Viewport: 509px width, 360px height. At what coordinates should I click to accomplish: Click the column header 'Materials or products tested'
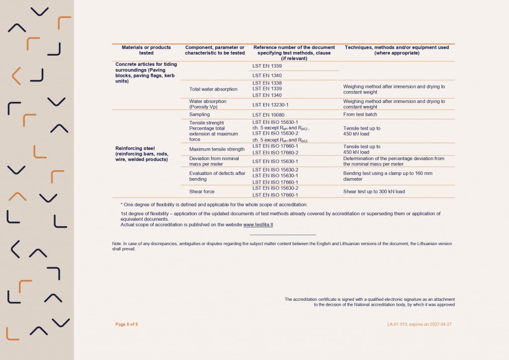coord(146,50)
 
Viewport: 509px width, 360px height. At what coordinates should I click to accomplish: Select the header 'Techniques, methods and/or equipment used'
coord(397,50)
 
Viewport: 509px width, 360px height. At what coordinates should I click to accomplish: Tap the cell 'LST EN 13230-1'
coord(270,104)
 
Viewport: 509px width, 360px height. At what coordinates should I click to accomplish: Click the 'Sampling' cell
coord(199,114)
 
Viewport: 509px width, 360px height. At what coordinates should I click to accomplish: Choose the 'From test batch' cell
coord(360,115)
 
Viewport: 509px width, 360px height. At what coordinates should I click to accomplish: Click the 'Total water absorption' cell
coord(213,90)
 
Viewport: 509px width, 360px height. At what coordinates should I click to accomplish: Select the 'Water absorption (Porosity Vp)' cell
coord(208,104)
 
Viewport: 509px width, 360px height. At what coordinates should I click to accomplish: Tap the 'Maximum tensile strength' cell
coord(217,149)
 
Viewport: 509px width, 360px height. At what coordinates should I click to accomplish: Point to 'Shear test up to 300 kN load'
coord(374,191)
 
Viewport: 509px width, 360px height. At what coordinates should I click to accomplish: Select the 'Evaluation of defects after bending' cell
coord(217,176)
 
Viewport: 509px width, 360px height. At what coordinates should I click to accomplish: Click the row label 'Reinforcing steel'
coord(135,148)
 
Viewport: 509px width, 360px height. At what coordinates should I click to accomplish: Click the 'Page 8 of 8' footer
coord(126,324)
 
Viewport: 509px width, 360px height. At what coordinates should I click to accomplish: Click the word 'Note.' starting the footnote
coord(117,244)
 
